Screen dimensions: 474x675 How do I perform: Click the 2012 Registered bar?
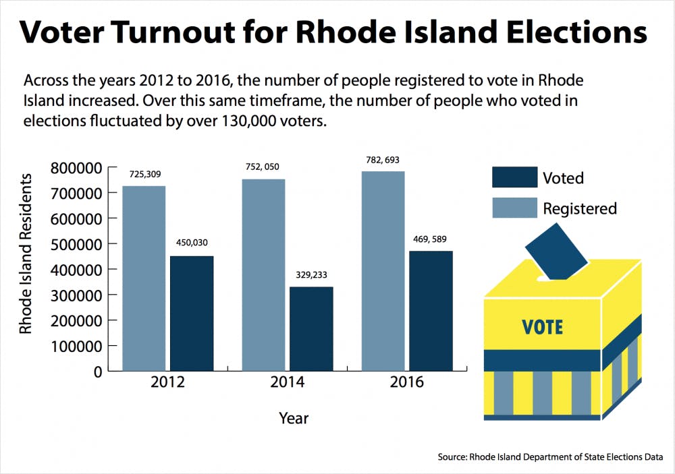(144, 278)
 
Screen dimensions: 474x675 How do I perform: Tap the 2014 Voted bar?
(311, 329)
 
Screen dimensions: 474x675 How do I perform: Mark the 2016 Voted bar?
(431, 311)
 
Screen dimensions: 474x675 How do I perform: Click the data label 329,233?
(311, 275)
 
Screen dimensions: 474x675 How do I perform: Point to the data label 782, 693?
(383, 160)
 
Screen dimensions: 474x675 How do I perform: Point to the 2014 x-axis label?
(287, 383)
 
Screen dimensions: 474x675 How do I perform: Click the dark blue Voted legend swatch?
(514, 177)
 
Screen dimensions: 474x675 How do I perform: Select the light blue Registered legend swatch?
(514, 208)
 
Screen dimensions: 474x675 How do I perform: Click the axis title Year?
(294, 419)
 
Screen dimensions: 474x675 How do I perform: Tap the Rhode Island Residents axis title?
(26, 254)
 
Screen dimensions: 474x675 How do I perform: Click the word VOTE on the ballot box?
(543, 328)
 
